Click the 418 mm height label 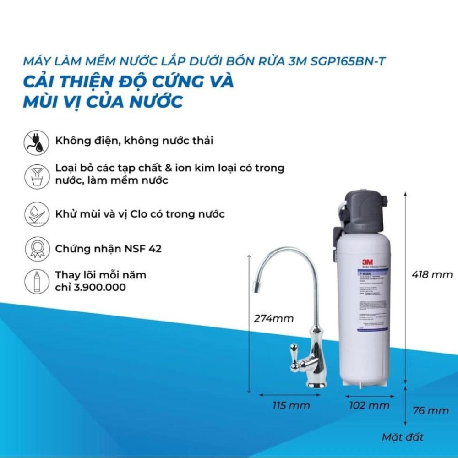tap(432, 275)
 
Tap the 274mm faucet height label tap(274, 318)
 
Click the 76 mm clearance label tap(431, 410)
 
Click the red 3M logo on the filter tap(366, 262)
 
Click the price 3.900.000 tap(97, 287)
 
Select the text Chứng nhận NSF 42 tap(108, 249)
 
